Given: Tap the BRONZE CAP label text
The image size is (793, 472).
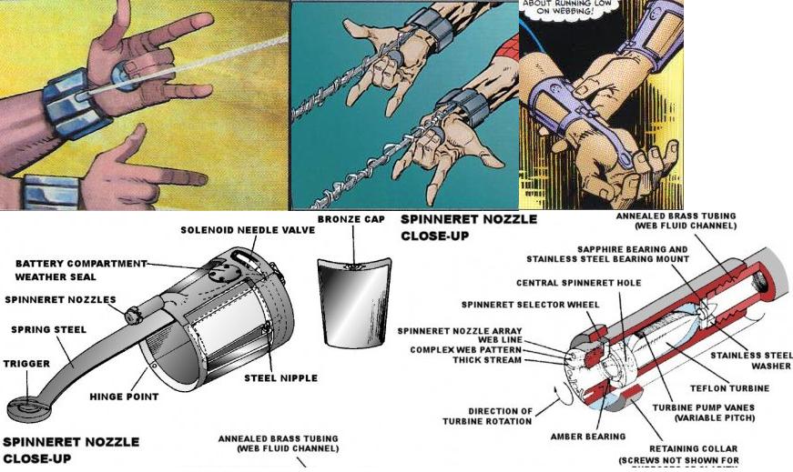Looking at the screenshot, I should coord(354,220).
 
